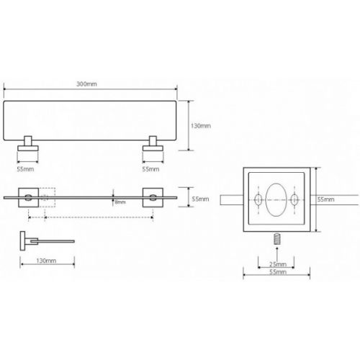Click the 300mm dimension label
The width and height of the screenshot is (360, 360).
pyautogui.click(x=86, y=84)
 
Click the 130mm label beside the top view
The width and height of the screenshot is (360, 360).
pyautogui.click(x=201, y=126)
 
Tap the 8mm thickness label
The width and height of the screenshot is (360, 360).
pyautogui.click(x=120, y=202)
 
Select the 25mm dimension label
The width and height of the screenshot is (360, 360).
pyautogui.click(x=278, y=264)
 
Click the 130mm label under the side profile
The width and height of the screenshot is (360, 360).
pyautogui.click(x=46, y=261)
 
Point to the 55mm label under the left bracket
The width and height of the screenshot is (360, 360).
pyautogui.click(x=25, y=169)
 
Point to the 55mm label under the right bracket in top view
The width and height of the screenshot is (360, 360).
pyautogui.click(x=150, y=169)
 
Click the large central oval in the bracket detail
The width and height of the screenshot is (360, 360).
pyautogui.click(x=276, y=199)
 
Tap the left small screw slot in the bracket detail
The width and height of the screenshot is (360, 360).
pyautogui.click(x=258, y=199)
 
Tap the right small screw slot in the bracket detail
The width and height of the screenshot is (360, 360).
pyautogui.click(x=294, y=199)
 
